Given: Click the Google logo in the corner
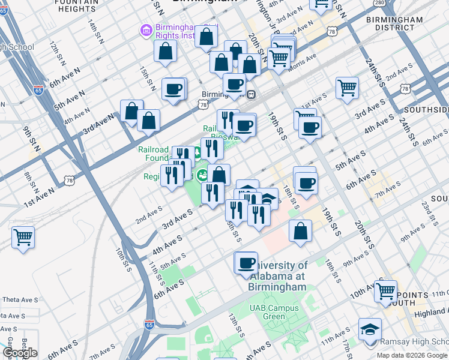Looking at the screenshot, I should tap(20, 353).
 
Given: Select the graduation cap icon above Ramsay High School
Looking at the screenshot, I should tap(370, 329).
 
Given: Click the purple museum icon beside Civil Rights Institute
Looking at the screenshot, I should tap(145, 29).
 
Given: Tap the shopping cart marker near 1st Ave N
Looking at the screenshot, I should tap(23, 236).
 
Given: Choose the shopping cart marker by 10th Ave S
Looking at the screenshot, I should tap(386, 290).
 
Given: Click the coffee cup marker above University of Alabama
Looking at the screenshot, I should tap(246, 262).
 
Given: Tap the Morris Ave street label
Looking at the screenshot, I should tap(303, 59).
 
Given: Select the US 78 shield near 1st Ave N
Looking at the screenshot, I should tap(69, 179).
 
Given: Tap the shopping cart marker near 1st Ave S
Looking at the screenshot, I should tap(347, 88).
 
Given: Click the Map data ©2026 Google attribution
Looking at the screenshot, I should tap(412, 355).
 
